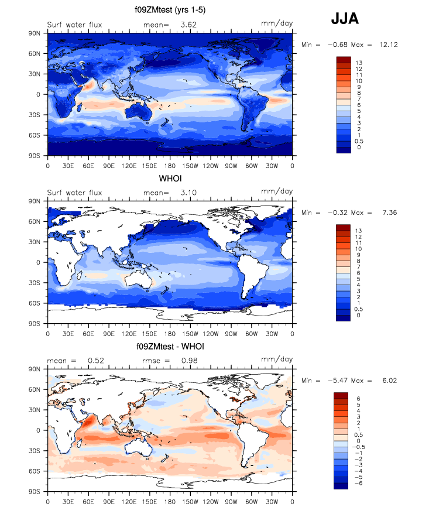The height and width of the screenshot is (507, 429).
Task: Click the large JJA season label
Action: tap(345, 19)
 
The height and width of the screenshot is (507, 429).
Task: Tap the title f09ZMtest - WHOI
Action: tap(169, 347)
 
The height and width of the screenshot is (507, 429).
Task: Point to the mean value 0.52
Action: tap(96, 361)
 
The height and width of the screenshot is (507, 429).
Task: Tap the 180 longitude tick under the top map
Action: tap(170, 165)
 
